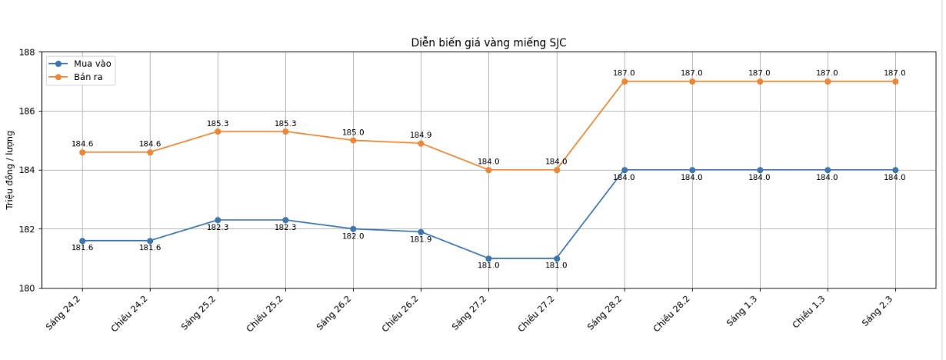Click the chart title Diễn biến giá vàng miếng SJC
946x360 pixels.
[x=488, y=43]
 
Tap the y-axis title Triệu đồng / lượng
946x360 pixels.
[x=10, y=170]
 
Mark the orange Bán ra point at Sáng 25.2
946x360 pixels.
[x=218, y=132]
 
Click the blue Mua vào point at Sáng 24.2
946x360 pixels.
[x=82, y=241]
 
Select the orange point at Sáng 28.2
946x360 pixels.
[x=625, y=82]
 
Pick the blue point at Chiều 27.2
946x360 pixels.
[x=557, y=258]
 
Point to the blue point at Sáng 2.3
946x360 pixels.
[x=895, y=170]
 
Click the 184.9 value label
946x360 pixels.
[x=421, y=135]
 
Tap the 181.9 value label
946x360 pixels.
[x=421, y=240]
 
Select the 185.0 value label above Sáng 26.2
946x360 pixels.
[x=353, y=132]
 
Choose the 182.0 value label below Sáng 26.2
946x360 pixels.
[x=353, y=237]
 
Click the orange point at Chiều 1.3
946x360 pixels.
[x=828, y=82]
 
